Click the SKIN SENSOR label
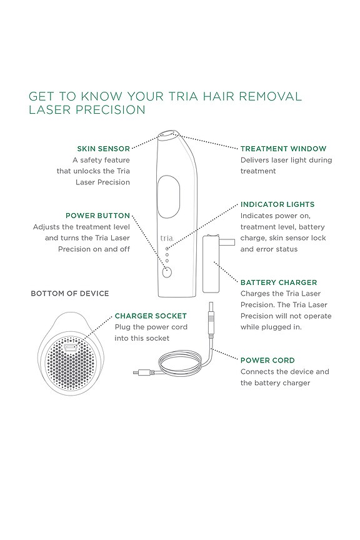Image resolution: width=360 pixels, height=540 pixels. tap(103, 149)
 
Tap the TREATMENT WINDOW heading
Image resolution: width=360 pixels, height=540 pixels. tap(283, 149)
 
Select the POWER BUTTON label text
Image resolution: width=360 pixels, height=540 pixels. tap(97, 216)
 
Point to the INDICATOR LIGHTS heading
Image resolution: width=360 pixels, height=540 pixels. tap(277, 204)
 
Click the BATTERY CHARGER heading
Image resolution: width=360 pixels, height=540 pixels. tap(279, 282)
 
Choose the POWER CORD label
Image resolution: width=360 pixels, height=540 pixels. tap(267, 361)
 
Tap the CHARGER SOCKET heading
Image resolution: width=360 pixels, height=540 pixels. tap(151, 316)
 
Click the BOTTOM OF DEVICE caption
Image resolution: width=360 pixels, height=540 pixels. tap(70, 293)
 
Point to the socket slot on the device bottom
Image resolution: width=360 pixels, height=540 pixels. tap(69, 345)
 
